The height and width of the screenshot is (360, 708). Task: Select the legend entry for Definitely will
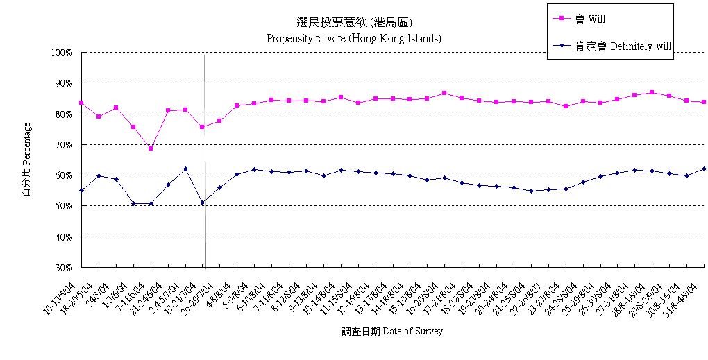point(622,46)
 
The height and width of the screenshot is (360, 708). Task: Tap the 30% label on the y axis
point(63,267)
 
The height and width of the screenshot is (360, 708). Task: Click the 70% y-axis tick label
point(63,145)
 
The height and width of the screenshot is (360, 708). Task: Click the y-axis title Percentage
point(26,160)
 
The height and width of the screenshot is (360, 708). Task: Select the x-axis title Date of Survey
point(392,332)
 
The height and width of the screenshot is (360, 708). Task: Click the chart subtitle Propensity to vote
point(354,38)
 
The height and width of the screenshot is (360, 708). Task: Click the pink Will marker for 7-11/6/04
point(151,148)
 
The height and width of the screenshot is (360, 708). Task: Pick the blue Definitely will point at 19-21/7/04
point(202,203)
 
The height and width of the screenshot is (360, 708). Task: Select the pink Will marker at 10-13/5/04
point(82,103)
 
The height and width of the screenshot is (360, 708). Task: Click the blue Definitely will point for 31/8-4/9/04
point(704,169)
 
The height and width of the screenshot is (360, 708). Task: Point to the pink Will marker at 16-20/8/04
point(444,93)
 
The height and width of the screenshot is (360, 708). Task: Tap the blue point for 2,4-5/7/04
point(185,169)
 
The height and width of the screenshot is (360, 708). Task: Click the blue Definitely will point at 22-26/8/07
point(531,191)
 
